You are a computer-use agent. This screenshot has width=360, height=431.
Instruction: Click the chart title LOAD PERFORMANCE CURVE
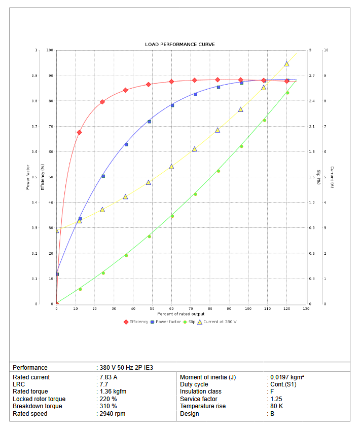(179, 45)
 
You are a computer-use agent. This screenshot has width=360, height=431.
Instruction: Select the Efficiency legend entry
(138, 322)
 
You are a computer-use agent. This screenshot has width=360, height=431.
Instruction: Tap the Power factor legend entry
(168, 322)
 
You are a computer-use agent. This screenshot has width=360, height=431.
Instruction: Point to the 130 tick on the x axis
(306, 308)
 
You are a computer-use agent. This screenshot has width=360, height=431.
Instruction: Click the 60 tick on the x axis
(171, 308)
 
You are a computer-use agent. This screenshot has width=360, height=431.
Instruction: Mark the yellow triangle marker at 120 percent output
(286, 64)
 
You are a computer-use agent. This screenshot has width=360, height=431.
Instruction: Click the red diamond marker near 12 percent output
(79, 132)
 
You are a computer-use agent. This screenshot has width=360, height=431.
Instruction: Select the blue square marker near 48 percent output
(149, 122)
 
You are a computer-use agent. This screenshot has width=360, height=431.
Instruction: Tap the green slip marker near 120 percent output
(287, 93)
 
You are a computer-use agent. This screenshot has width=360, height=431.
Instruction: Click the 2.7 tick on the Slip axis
(311, 76)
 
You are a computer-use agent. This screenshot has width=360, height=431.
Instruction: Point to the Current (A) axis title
(332, 177)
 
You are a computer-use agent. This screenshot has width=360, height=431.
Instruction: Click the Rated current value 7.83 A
(109, 377)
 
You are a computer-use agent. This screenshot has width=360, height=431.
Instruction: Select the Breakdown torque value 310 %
(108, 406)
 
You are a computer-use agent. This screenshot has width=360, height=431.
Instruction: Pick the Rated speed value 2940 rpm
(113, 414)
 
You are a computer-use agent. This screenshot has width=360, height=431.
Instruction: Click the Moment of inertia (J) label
(208, 377)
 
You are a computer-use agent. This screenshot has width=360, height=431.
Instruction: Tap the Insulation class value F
(272, 391)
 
